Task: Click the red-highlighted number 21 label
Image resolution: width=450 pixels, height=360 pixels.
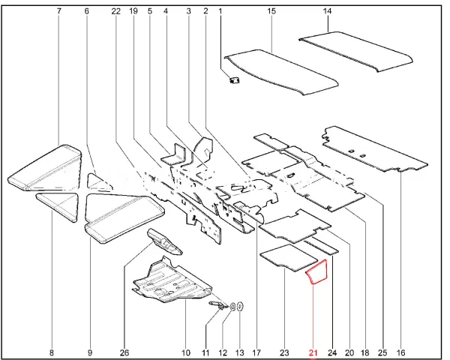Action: [313, 352]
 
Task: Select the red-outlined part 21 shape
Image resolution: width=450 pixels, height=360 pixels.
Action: [317, 271]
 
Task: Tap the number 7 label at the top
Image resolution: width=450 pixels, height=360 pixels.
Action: [59, 11]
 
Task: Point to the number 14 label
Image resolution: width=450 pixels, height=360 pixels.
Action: [327, 11]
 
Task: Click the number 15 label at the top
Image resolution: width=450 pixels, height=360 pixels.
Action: [271, 11]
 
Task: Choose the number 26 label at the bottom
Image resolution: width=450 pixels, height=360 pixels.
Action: [124, 352]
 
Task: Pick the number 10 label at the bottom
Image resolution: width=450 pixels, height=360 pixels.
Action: [186, 352]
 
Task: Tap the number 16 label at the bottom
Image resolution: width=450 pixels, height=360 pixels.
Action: [400, 352]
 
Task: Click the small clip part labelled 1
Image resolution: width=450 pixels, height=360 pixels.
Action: [235, 79]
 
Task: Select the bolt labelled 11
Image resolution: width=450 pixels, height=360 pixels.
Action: [217, 305]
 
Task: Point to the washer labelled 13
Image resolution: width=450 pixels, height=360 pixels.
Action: [241, 306]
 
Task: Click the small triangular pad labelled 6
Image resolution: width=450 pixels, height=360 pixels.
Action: [99, 182]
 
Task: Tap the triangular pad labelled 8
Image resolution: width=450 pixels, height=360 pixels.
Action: [58, 205]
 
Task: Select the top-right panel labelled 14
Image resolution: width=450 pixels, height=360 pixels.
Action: [355, 51]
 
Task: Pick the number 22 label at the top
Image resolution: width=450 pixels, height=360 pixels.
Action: [116, 11]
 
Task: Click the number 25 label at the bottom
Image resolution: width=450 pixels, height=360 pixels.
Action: [382, 352]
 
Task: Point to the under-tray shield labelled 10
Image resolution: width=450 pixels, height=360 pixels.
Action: [172, 281]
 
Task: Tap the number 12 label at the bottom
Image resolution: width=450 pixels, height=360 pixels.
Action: [223, 352]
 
